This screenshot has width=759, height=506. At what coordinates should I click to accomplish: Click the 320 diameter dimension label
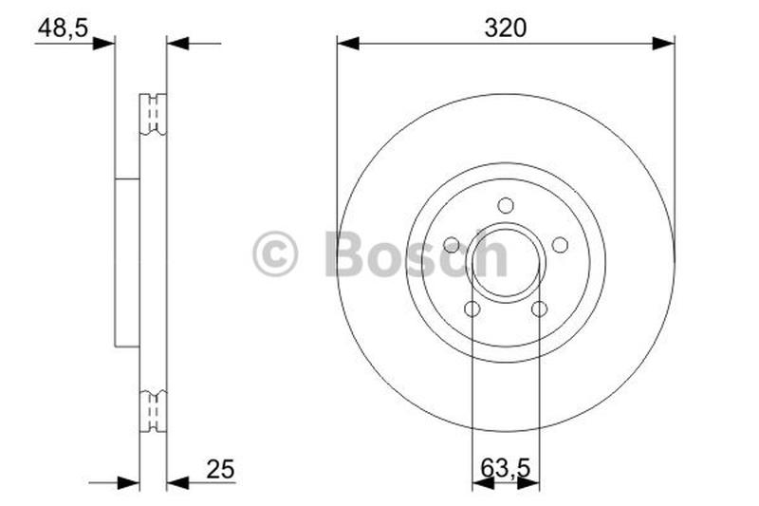click(505, 28)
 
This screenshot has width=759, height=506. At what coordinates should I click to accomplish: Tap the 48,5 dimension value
click(63, 28)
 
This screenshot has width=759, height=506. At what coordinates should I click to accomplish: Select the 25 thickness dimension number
click(218, 469)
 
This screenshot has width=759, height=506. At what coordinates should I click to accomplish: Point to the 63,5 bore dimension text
click(505, 469)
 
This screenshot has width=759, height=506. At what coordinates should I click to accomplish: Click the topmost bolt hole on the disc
click(506, 205)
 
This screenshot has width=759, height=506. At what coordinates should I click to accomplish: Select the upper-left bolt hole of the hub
click(452, 245)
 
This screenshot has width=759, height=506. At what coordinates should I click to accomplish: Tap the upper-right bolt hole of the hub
click(560, 245)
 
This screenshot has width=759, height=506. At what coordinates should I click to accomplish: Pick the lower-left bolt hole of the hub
click(472, 309)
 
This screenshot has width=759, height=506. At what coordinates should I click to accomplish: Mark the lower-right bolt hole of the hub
click(539, 309)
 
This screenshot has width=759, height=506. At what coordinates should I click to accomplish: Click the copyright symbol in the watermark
click(275, 254)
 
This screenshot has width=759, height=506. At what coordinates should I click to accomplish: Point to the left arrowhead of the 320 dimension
click(347, 43)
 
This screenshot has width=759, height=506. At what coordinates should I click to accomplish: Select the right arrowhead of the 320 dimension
click(664, 43)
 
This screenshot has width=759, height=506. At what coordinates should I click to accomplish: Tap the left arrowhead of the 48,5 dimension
click(103, 43)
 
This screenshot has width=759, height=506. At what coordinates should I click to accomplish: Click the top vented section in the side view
click(152, 114)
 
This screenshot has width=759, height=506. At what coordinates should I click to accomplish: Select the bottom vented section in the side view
click(152, 411)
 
